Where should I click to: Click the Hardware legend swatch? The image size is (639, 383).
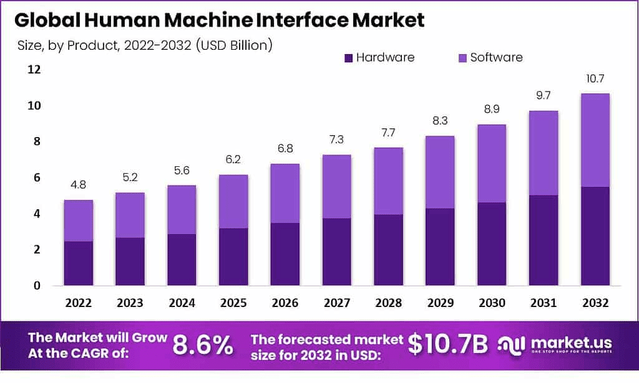pyautogui.click(x=349, y=58)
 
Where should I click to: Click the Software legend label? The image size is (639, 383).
pyautogui.click(x=496, y=57)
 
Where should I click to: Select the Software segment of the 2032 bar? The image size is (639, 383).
pyautogui.click(x=595, y=140)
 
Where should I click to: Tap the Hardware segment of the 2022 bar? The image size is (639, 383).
pyautogui.click(x=78, y=263)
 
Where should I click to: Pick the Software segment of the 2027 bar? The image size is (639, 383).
pyautogui.click(x=336, y=187)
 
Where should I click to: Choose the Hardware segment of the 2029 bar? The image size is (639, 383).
pyautogui.click(x=440, y=247)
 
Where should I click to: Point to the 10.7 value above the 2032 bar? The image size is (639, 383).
pyautogui.click(x=595, y=79)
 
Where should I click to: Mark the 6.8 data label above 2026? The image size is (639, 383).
pyautogui.click(x=285, y=149)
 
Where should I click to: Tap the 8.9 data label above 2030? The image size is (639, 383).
pyautogui.click(x=491, y=110)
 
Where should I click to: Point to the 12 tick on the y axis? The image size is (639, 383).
pyautogui.click(x=33, y=69)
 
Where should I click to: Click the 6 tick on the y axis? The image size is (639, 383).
pyautogui.click(x=37, y=177)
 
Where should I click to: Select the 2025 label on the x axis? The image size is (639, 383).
pyautogui.click(x=233, y=303)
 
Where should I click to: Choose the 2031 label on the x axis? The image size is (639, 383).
pyautogui.click(x=543, y=303)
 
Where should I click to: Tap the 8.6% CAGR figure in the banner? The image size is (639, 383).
pyautogui.click(x=203, y=346)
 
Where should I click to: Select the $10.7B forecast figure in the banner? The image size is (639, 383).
pyautogui.click(x=448, y=345)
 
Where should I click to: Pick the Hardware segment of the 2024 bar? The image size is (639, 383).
pyautogui.click(x=182, y=260)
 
